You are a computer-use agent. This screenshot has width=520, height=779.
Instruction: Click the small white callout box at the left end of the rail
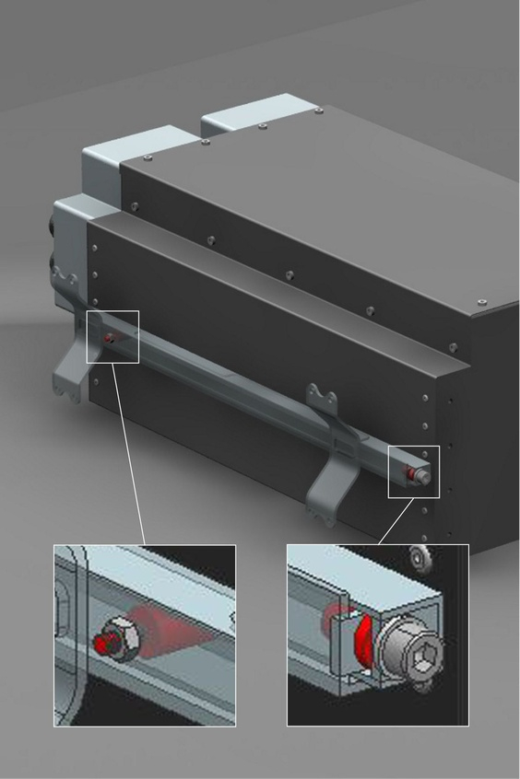[112, 337]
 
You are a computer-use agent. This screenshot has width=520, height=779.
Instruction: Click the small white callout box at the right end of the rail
[414, 471]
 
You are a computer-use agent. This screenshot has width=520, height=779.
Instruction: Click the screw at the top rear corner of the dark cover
[318, 110]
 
